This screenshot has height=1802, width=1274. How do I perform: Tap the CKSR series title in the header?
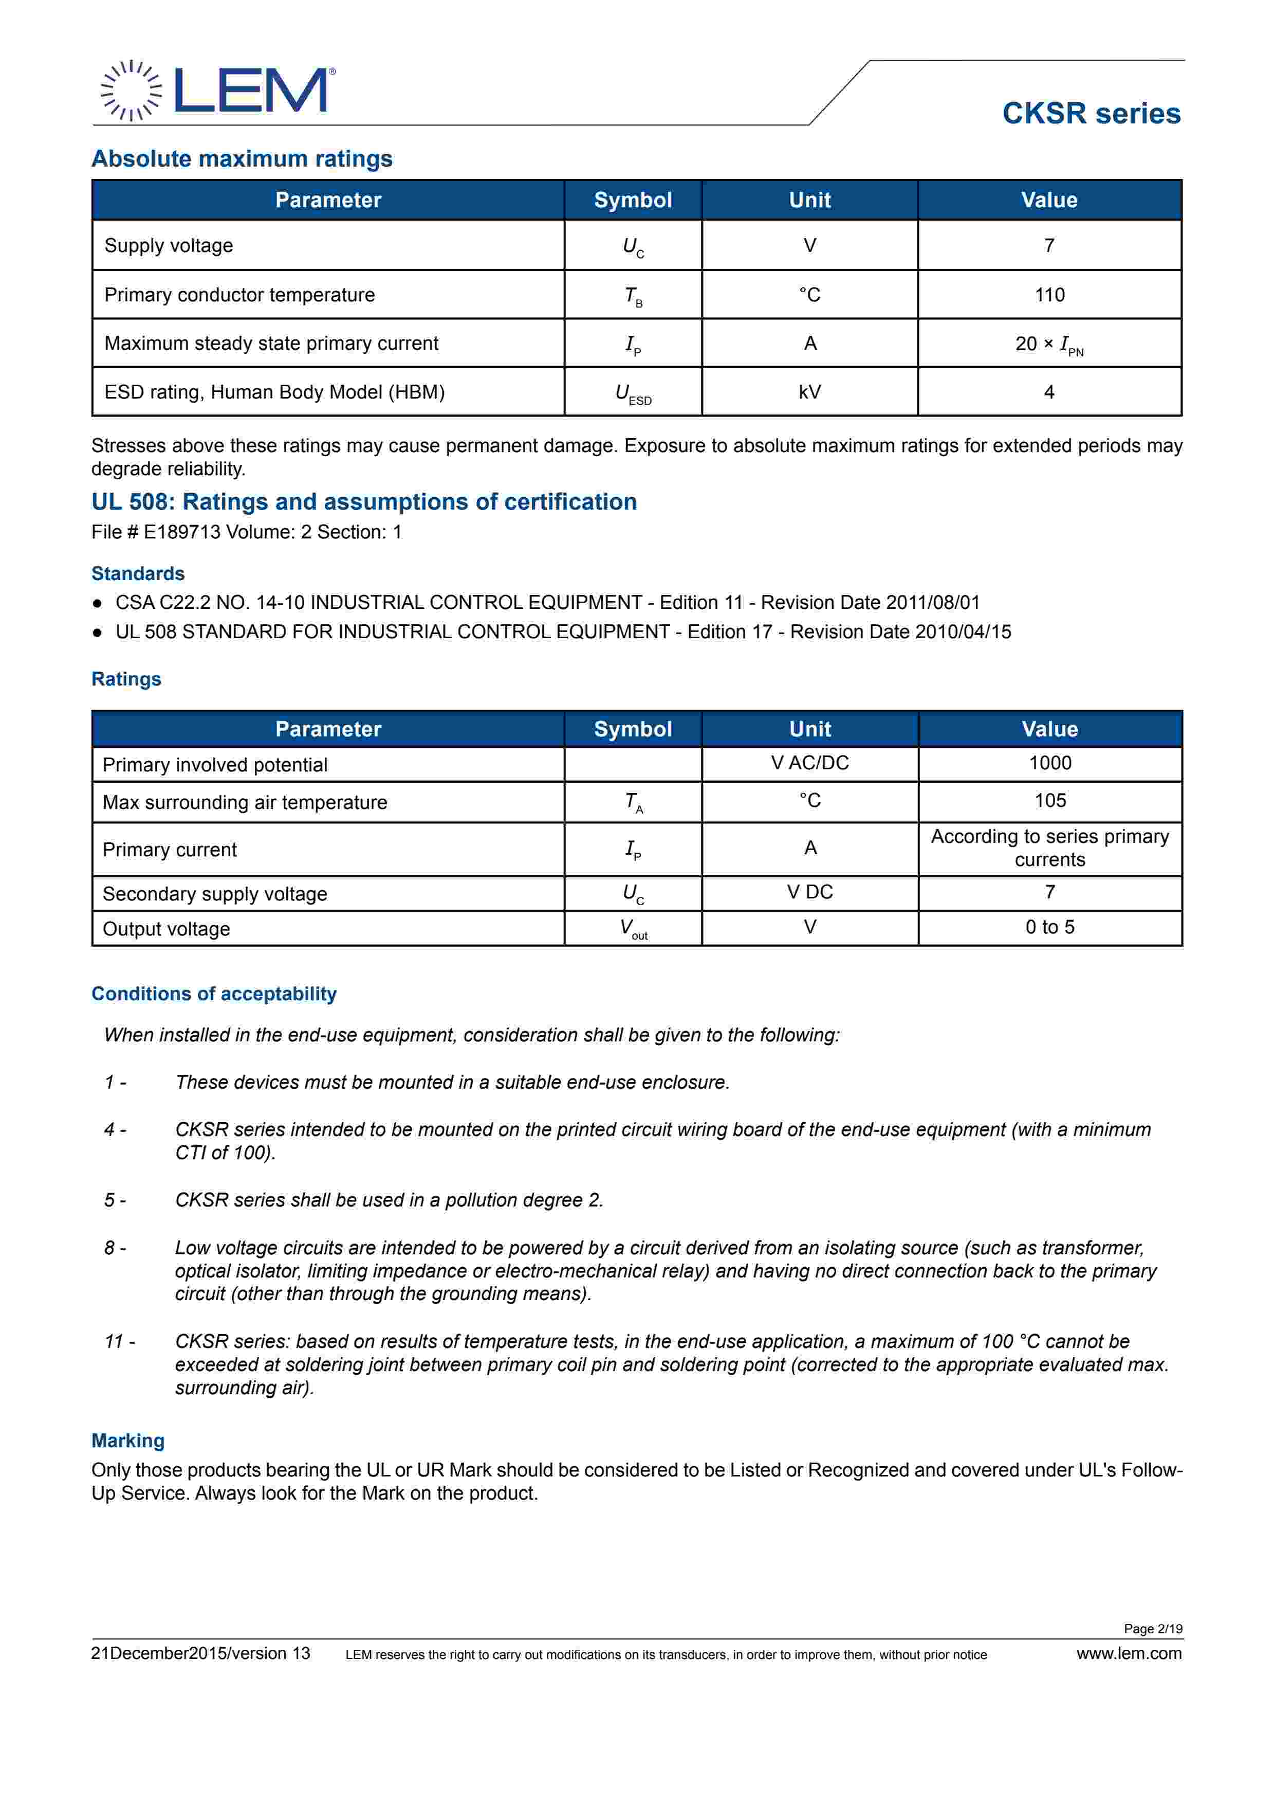click(x=1091, y=114)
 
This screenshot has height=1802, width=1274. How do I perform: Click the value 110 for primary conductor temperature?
click(x=1049, y=295)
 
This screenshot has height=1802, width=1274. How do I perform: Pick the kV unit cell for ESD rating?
click(x=809, y=392)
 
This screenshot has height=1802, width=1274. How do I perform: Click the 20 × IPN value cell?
click(x=1049, y=344)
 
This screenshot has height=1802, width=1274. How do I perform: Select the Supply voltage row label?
click(x=169, y=246)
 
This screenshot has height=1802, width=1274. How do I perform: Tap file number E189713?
click(x=182, y=532)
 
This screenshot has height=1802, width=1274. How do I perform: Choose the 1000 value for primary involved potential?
click(x=1049, y=763)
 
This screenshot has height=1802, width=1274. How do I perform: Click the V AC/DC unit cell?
click(x=809, y=763)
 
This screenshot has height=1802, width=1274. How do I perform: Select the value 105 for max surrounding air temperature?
click(x=1049, y=801)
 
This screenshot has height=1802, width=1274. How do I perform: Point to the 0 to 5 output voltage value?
click(x=1049, y=927)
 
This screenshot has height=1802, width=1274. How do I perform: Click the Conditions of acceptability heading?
click(x=214, y=994)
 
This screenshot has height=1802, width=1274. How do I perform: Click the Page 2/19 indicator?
click(x=1152, y=1629)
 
